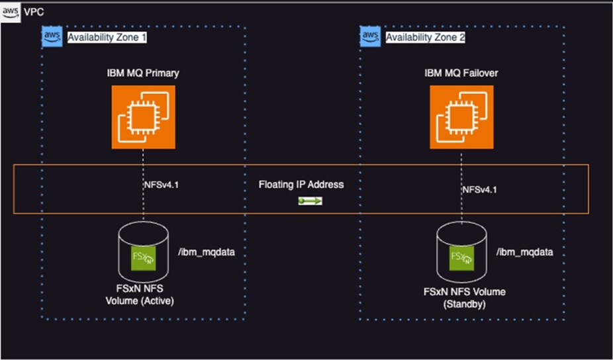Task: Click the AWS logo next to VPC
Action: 11,13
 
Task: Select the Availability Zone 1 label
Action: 107,38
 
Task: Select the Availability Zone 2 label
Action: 425,38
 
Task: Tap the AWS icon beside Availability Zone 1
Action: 52,37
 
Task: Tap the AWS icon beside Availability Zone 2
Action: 371,37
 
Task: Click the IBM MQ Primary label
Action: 144,73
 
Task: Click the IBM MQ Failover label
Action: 461,73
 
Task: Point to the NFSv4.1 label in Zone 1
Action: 161,185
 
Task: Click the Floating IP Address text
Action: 301,185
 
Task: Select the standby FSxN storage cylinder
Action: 461,253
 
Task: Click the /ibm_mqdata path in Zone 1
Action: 207,252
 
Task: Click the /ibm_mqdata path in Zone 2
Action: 525,252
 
